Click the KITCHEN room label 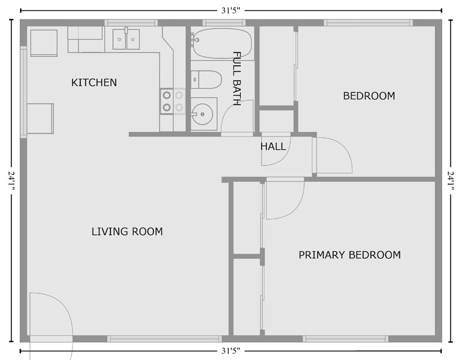[94, 83]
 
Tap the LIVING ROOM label [127, 232]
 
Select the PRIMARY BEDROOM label [349, 255]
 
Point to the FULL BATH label [236, 79]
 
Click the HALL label [273, 146]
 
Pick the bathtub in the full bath [222, 43]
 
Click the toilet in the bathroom [206, 79]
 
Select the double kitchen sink [126, 39]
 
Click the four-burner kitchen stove [173, 101]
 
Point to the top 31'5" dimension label [231, 10]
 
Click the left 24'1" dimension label [11, 181]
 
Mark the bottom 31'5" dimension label [231, 351]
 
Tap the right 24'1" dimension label [451, 181]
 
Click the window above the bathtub [224, 22]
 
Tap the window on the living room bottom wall [165, 339]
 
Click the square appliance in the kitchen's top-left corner [44, 42]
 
